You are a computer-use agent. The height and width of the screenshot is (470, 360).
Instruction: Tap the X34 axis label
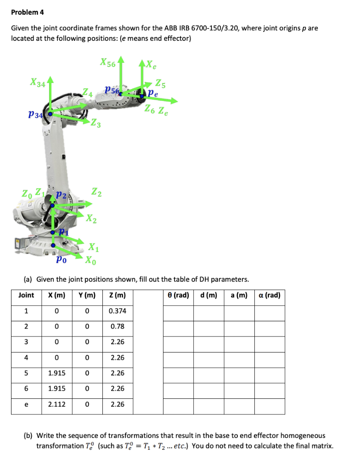38,83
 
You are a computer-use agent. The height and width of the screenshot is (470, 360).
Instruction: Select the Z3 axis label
96,123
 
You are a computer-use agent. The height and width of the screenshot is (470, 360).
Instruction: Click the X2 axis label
91,219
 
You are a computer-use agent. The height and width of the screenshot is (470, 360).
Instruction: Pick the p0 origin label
61,259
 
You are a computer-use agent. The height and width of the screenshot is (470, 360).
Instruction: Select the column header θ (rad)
178,295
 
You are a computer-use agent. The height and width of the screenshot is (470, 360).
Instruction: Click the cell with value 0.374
118,311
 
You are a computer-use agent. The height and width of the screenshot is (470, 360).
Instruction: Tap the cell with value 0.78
118,327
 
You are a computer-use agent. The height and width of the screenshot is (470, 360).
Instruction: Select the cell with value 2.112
56,404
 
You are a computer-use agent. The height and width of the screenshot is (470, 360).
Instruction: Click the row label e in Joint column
26,404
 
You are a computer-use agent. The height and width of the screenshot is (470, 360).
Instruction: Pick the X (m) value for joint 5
56,373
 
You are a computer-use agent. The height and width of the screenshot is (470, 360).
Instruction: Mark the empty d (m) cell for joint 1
208,311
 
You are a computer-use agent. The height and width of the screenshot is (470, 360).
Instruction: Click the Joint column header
26,295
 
